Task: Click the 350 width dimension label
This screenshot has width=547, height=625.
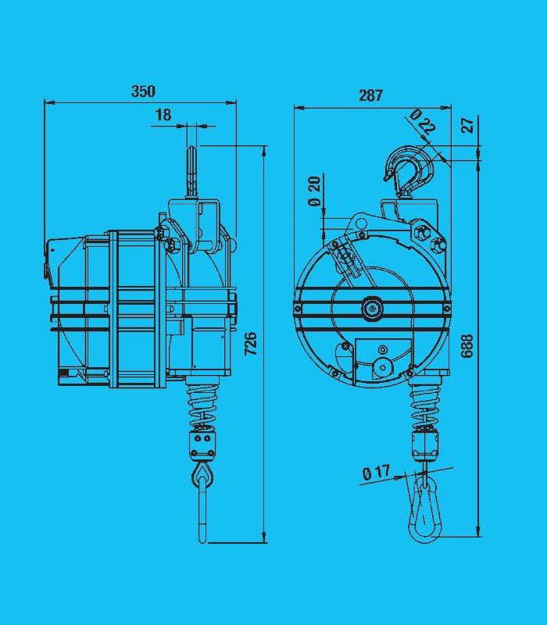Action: click(x=143, y=91)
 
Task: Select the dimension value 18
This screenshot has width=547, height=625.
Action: click(x=163, y=115)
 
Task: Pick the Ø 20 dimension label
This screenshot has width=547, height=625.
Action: click(x=315, y=191)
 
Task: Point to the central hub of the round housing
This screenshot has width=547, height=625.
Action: click(x=371, y=309)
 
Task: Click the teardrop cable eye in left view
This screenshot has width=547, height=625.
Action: click(x=203, y=473)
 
